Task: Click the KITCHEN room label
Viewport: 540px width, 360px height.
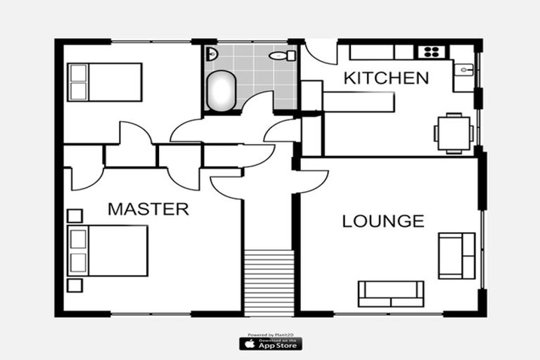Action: coord(386,78)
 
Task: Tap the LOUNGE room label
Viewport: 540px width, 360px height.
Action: coord(383,221)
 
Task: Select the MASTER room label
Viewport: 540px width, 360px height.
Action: coord(148,209)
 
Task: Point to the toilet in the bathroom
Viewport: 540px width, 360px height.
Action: coord(279,56)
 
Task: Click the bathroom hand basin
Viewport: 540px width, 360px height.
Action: coord(211,53)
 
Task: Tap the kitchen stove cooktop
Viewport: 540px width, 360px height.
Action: coord(429,51)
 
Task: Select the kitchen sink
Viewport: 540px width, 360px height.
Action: coord(463,70)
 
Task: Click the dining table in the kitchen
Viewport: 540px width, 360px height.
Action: coord(454,132)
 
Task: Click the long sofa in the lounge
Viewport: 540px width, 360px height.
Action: coord(391,293)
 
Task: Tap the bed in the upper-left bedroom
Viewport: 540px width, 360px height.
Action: coord(105,82)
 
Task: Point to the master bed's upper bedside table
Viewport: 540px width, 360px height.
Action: coord(75,215)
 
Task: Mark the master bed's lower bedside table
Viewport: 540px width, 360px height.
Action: coord(75,285)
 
